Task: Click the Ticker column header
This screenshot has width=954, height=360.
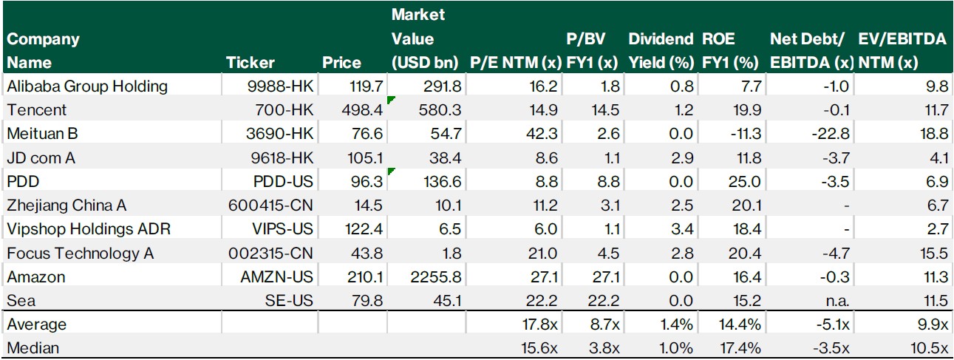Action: tap(250, 63)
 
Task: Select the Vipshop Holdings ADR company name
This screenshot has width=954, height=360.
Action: tap(89, 229)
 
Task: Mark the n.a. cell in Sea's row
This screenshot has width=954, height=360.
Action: tap(837, 301)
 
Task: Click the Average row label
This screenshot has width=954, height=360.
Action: tap(36, 325)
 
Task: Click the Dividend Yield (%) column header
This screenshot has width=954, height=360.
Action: tap(661, 51)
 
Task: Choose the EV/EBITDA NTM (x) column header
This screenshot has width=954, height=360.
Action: tap(902, 51)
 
